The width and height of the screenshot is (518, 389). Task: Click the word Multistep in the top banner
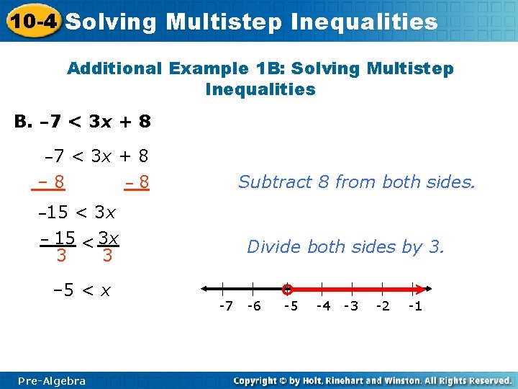224,22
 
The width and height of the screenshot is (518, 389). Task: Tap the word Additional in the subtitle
114,68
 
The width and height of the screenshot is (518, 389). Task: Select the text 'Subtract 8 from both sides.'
357,182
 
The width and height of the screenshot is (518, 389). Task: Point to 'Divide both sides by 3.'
346,247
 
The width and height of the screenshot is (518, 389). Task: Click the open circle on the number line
287,289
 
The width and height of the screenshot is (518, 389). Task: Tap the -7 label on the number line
225,306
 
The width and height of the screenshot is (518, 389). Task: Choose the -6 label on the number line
253,306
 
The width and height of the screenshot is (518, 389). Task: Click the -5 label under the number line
290,306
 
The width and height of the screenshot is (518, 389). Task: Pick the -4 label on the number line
323,306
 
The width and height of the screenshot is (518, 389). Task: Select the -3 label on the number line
350,306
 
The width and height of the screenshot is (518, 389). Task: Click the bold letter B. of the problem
24,121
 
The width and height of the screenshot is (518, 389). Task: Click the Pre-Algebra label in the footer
52,380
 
